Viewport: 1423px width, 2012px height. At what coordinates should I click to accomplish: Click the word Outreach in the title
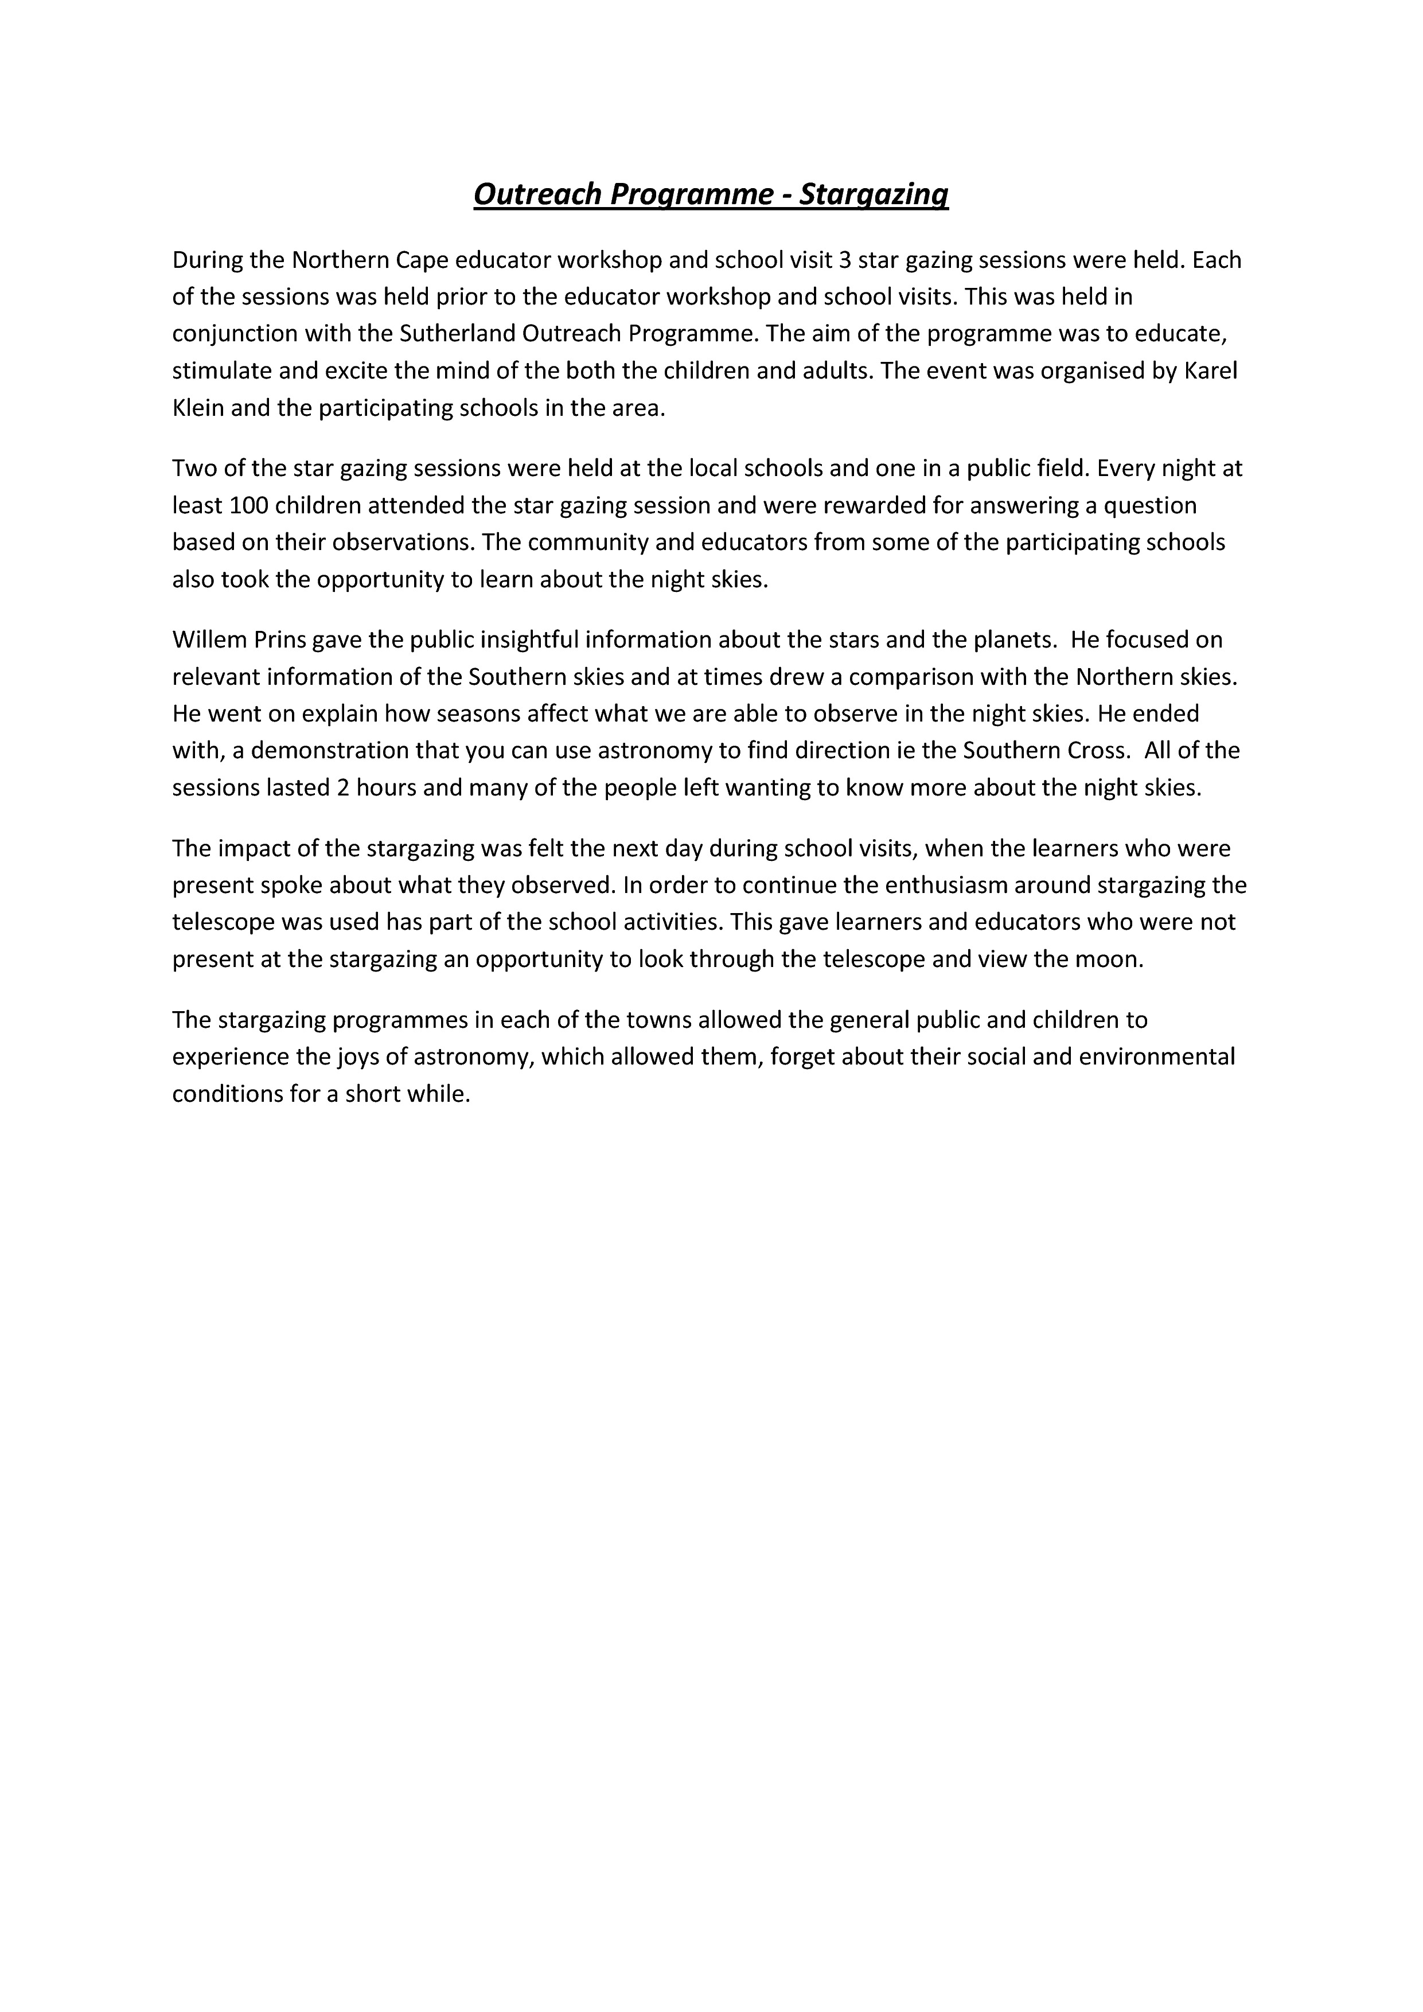536,194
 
